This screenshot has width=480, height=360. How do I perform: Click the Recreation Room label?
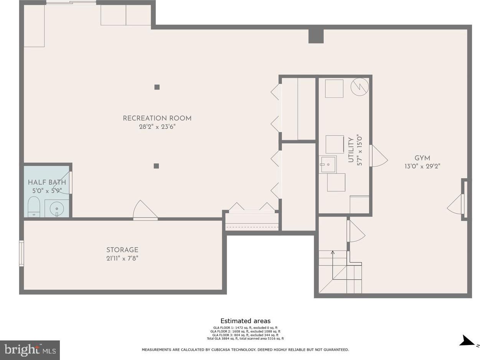(157, 118)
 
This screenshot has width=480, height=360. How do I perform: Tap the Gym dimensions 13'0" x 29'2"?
(422, 167)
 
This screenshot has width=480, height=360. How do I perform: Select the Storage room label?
(122, 250)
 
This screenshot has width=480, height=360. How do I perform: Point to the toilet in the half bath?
(34, 207)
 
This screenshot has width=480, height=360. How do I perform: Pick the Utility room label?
(351, 150)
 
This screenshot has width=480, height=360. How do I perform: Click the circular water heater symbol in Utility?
(360, 87)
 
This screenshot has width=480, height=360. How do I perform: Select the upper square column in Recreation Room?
(157, 87)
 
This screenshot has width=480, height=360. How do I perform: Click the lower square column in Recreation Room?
(156, 166)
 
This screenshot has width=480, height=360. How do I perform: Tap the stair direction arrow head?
(333, 253)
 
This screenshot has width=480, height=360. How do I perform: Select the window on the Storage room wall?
(21, 253)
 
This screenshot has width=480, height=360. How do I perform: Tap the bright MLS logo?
(30, 350)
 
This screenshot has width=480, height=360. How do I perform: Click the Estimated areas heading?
(245, 321)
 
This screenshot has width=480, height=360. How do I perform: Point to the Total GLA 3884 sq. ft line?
(245, 339)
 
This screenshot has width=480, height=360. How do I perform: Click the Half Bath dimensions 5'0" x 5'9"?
(47, 191)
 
